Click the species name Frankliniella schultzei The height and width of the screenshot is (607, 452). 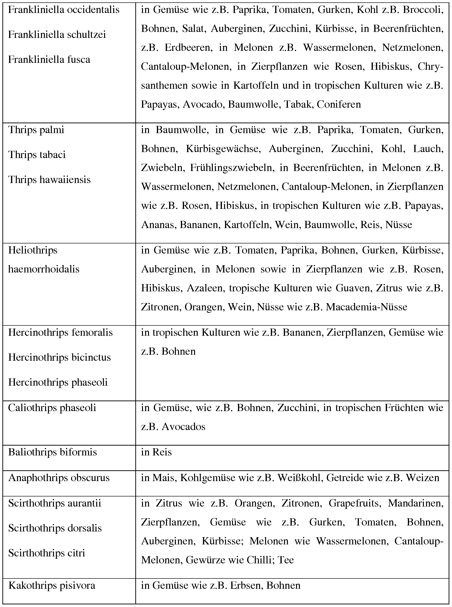[x=57, y=35]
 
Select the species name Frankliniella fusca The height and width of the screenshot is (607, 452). [x=49, y=60]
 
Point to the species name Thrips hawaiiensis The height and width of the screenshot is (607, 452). [x=49, y=180]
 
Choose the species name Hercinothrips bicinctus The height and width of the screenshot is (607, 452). [x=59, y=358]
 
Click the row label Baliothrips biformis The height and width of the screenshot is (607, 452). [x=53, y=452]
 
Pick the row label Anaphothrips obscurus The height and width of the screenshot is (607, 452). [x=59, y=477]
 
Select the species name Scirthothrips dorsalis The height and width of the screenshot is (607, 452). [x=55, y=528]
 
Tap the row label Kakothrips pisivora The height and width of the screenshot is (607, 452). [x=52, y=585]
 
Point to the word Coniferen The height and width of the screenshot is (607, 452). [x=339, y=104]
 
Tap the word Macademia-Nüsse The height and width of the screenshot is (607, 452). [x=366, y=307]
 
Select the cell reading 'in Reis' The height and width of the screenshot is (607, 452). [x=156, y=452]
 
